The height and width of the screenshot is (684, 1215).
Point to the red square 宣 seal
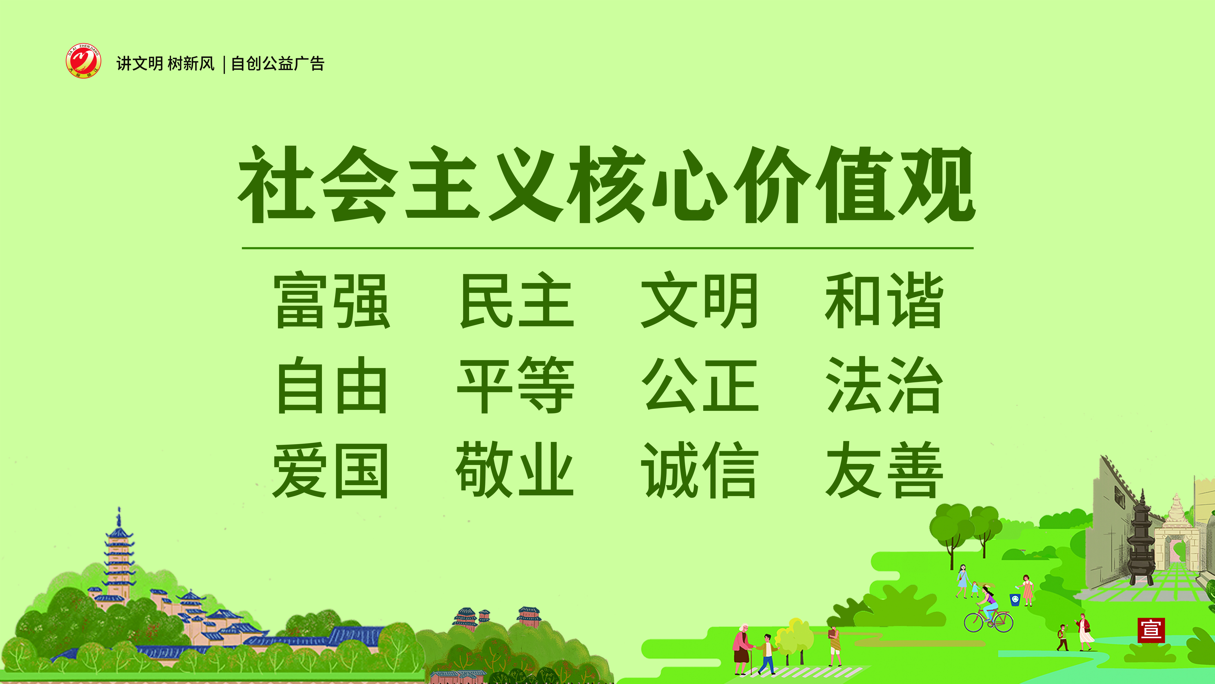point(1151,630)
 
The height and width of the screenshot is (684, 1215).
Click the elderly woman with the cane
point(742,649)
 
